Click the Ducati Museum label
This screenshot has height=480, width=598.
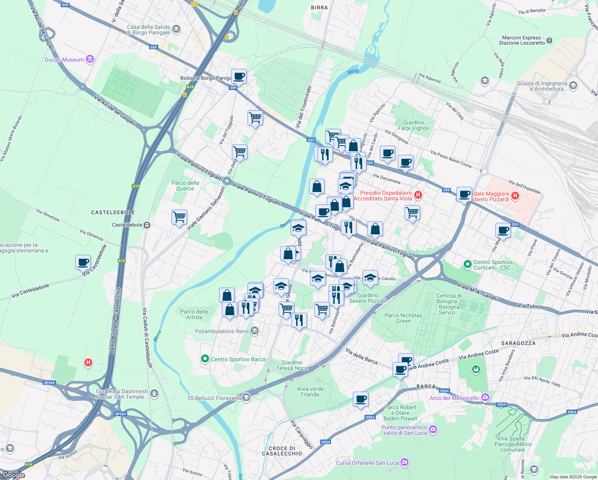64,60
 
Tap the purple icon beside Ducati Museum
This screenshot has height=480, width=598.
90,60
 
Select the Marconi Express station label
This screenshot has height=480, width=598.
522,40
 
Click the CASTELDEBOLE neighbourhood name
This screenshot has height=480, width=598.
113,212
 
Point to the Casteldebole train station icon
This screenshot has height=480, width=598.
147,225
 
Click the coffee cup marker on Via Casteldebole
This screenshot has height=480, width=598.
83,263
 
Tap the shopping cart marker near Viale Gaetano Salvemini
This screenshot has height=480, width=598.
179,217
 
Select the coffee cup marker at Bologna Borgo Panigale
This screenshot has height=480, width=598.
239,76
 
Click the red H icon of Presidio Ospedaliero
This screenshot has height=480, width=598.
418,195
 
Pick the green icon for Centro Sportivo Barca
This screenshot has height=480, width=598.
205,359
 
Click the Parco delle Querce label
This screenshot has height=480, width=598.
185,186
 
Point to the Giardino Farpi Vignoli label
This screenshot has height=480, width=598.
414,125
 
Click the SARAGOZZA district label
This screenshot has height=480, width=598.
518,343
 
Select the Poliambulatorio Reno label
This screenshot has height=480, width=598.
222,331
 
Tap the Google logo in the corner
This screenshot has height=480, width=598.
14,475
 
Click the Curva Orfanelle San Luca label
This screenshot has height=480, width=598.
367,463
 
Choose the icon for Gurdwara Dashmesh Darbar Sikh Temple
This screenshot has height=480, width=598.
154,394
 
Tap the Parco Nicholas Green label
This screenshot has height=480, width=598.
403,318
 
